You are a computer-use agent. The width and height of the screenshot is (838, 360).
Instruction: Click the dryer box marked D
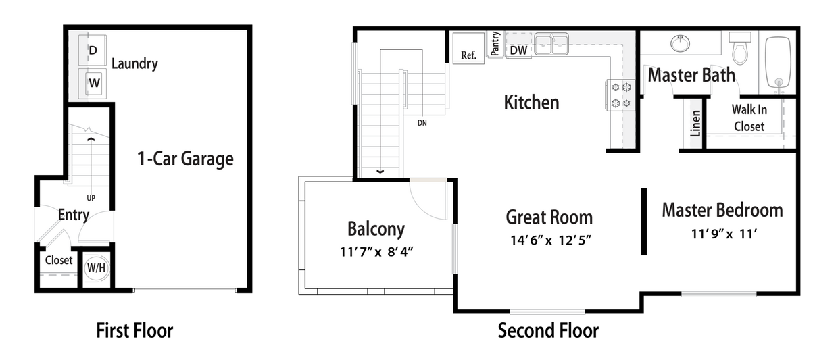pyautogui.click(x=93, y=50)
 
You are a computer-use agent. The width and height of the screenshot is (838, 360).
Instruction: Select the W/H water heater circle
pyautogui.click(x=96, y=267)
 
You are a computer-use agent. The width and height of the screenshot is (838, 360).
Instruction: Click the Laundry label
pyautogui.click(x=134, y=64)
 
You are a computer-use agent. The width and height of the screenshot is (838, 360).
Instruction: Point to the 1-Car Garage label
pyautogui.click(x=184, y=159)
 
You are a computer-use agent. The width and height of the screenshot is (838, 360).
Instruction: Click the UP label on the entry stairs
pyautogui.click(x=91, y=198)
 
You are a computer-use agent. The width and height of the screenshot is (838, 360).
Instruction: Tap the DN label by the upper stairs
pyautogui.click(x=422, y=123)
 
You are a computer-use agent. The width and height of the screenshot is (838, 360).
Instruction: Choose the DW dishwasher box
pyautogui.click(x=518, y=50)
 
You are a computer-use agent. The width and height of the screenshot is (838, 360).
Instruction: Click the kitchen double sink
pyautogui.click(x=551, y=45)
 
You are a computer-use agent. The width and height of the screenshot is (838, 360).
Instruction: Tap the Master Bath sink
pyautogui.click(x=681, y=43)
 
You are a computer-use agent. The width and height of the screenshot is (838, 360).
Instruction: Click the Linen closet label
pyautogui.click(x=695, y=123)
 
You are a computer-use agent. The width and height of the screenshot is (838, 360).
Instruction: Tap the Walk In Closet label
pyautogui.click(x=749, y=118)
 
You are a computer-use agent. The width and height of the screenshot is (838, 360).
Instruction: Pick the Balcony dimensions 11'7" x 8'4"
pyautogui.click(x=376, y=252)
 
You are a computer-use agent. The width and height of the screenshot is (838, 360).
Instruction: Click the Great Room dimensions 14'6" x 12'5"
pyautogui.click(x=549, y=240)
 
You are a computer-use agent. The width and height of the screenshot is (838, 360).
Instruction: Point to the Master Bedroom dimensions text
pyautogui.click(x=722, y=234)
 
